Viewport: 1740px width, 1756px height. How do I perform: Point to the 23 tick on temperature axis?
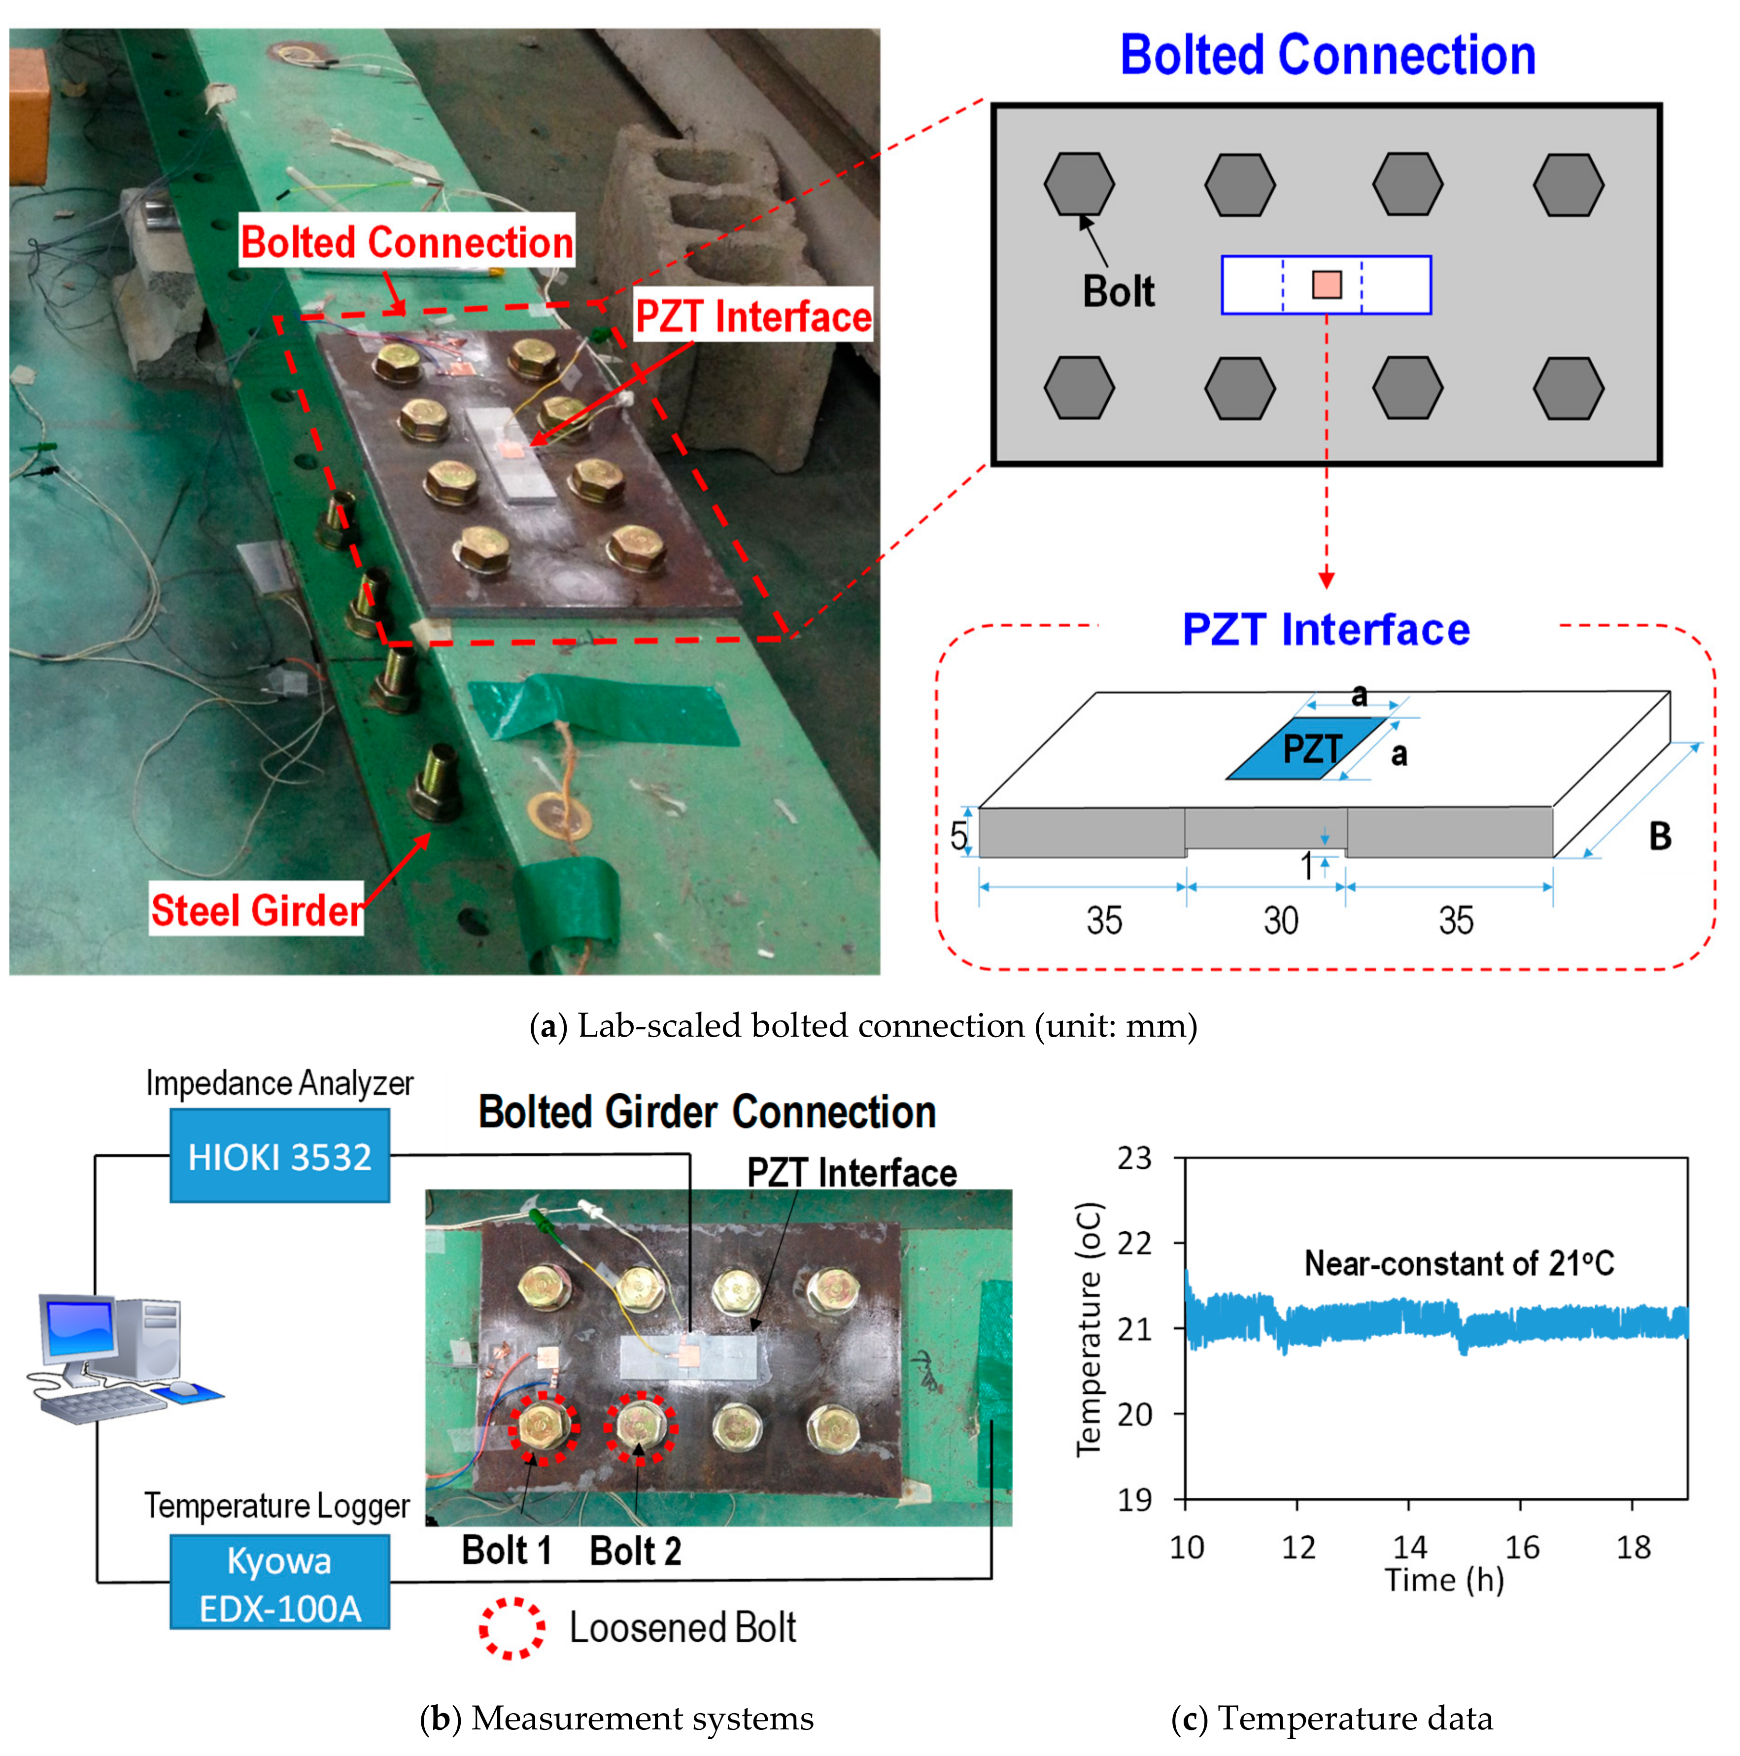(1133, 1158)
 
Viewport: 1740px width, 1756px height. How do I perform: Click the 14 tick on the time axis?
(1409, 1546)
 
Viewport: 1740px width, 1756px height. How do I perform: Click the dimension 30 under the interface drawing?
(1280, 921)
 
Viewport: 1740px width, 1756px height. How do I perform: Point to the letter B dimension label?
(1660, 836)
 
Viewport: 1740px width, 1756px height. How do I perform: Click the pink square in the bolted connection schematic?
(1327, 284)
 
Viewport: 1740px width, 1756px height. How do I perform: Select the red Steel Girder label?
(256, 910)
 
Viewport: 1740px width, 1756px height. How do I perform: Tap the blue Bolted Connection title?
(1327, 56)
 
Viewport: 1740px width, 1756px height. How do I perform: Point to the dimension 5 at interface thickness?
(958, 834)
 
